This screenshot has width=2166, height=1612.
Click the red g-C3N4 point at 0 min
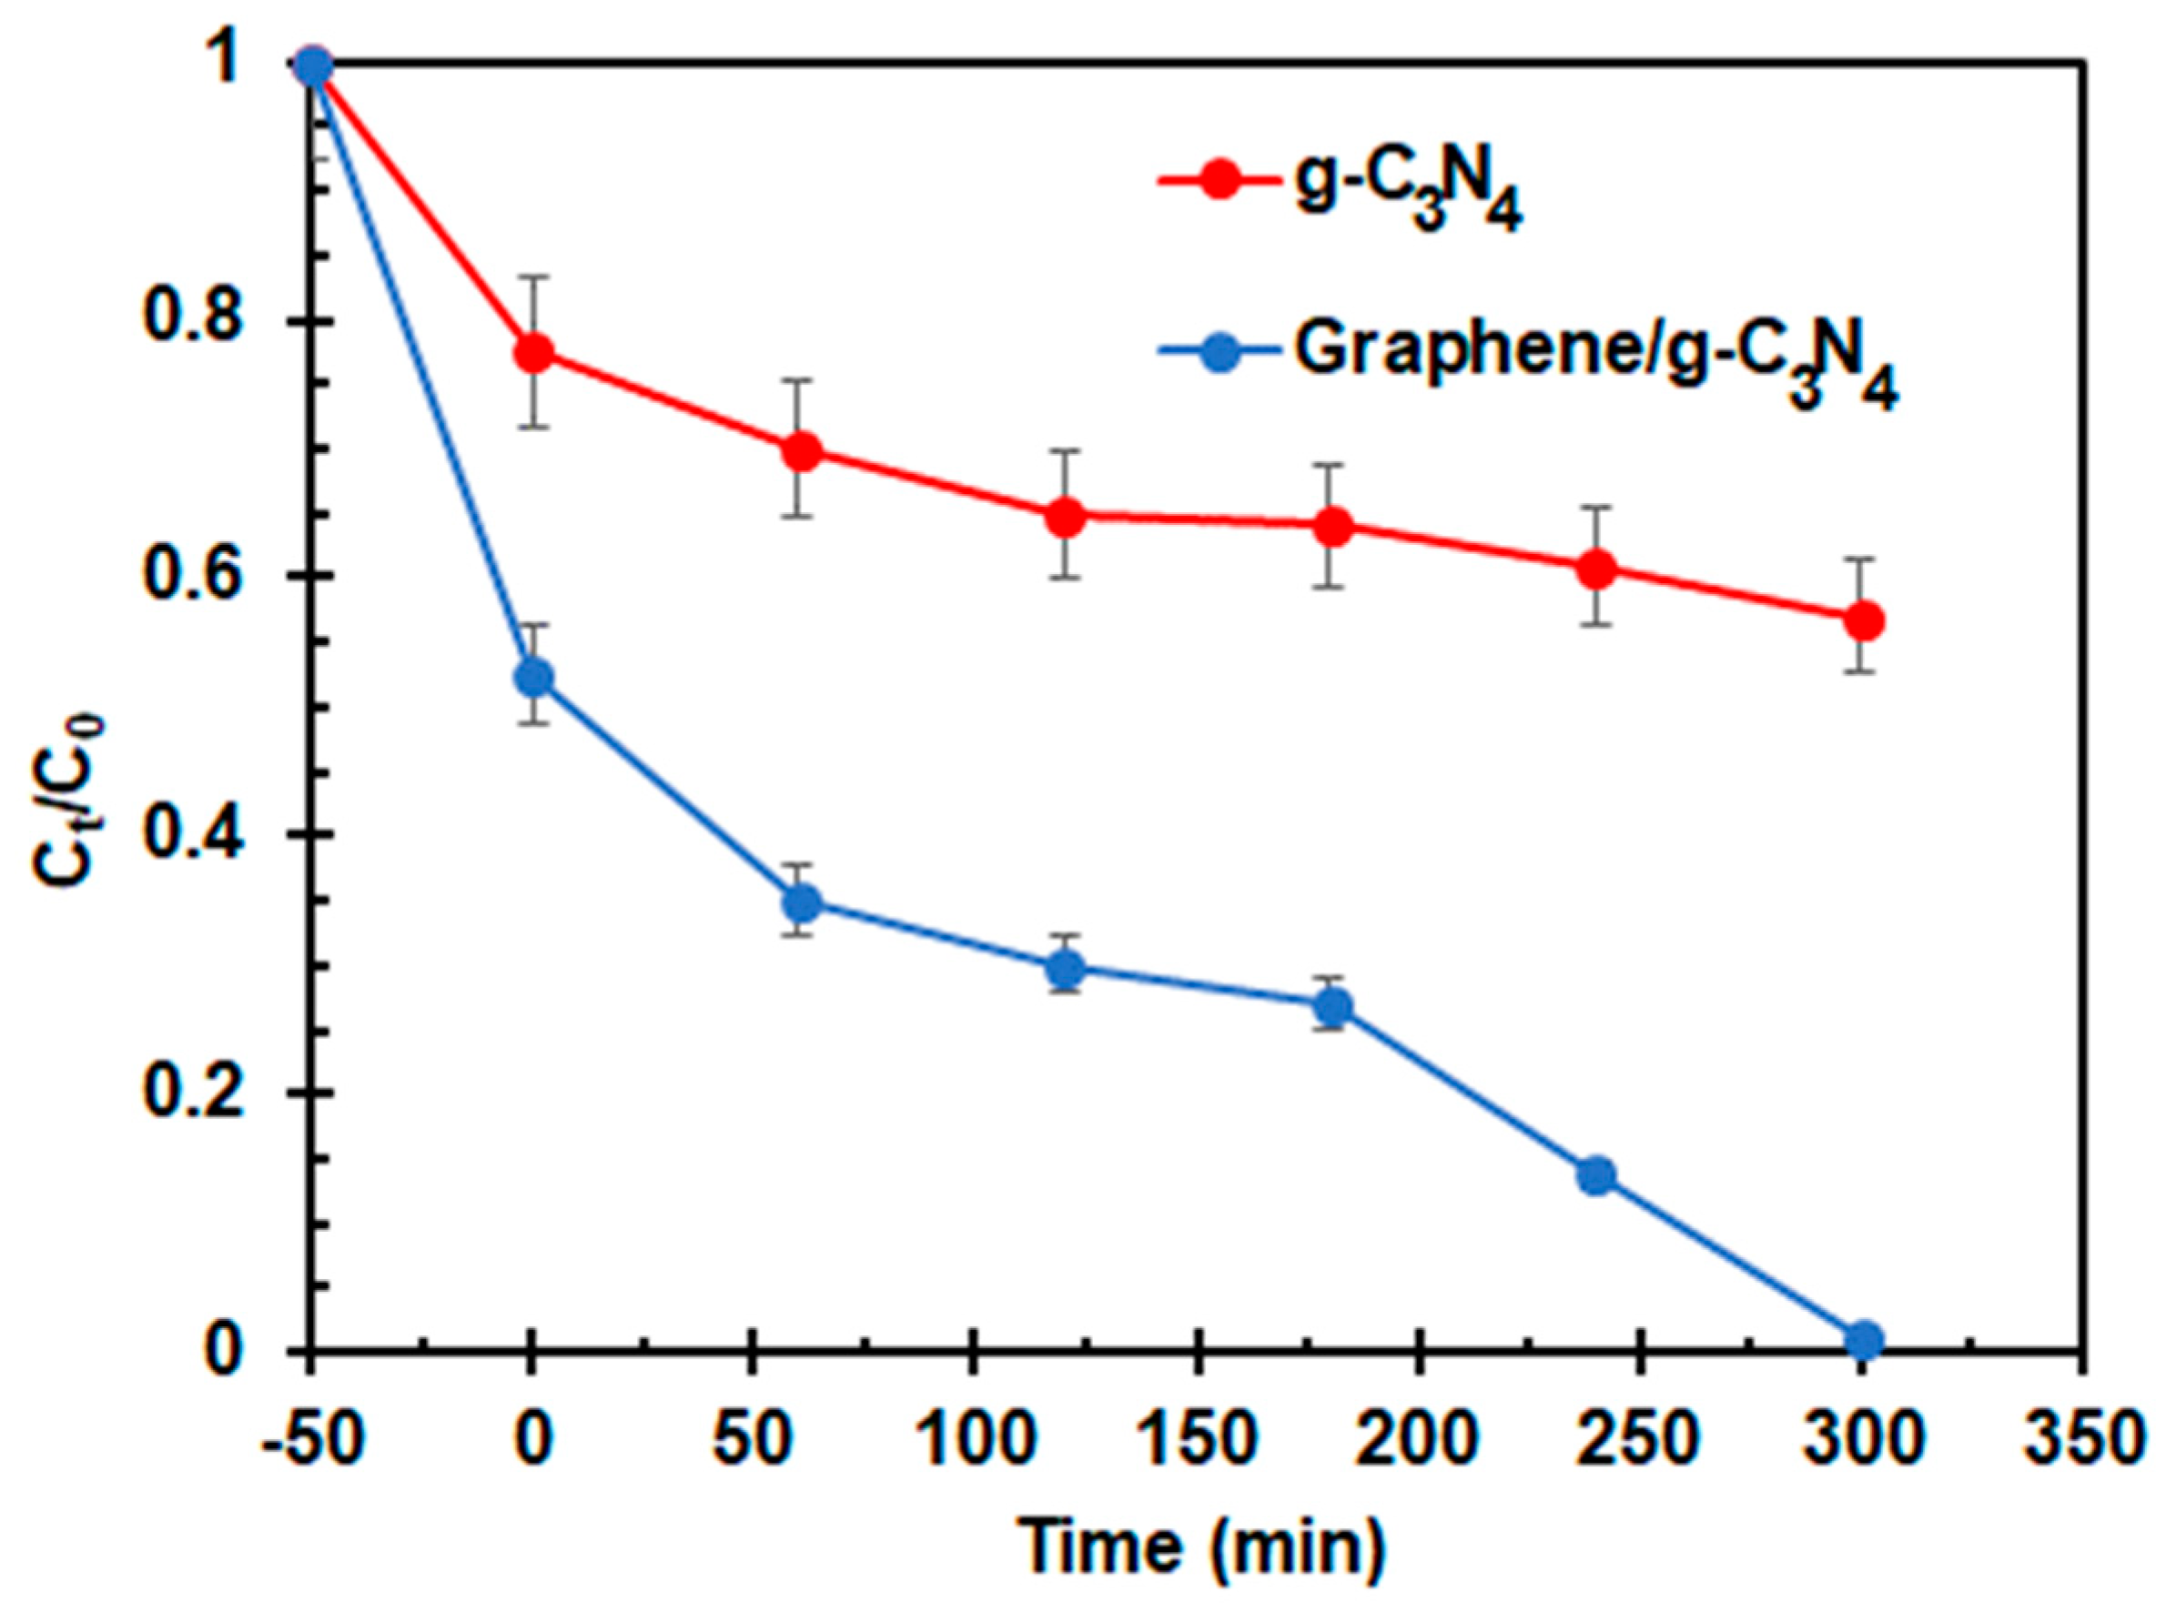pos(533,352)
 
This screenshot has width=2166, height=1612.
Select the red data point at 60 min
pos(800,451)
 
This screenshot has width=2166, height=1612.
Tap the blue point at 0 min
pos(533,676)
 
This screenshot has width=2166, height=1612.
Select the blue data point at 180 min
pos(1331,1006)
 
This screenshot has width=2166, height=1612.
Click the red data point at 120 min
pos(1065,517)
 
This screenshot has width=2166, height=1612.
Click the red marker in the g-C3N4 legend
pos(1219,182)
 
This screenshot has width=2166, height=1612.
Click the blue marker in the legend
pos(1219,352)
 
